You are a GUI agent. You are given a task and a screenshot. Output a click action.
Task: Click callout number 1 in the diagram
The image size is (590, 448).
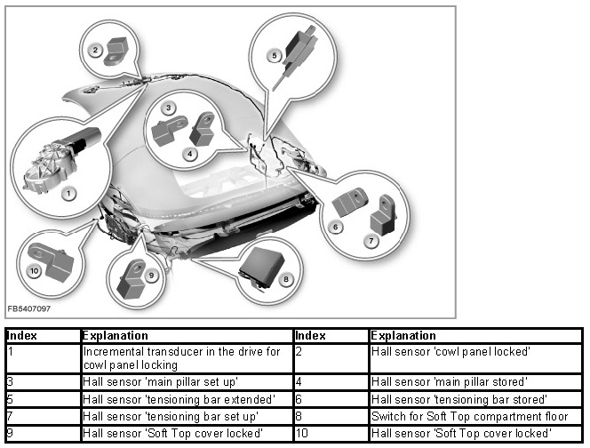tap(69, 192)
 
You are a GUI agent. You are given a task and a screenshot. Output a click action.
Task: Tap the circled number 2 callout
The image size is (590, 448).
tap(95, 51)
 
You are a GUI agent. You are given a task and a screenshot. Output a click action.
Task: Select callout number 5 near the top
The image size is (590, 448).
tap(275, 55)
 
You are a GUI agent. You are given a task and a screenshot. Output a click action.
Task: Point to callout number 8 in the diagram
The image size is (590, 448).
tap(285, 278)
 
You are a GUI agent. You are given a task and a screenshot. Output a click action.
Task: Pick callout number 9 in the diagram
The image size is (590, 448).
tap(152, 275)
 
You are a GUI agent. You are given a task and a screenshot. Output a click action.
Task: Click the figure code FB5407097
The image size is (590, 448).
tap(28, 308)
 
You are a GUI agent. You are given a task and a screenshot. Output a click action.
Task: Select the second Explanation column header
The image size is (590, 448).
tap(403, 336)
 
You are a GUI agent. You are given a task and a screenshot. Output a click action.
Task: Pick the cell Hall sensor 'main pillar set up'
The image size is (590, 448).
tap(160, 380)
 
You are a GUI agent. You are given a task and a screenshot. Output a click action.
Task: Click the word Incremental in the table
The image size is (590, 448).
tap(112, 352)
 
